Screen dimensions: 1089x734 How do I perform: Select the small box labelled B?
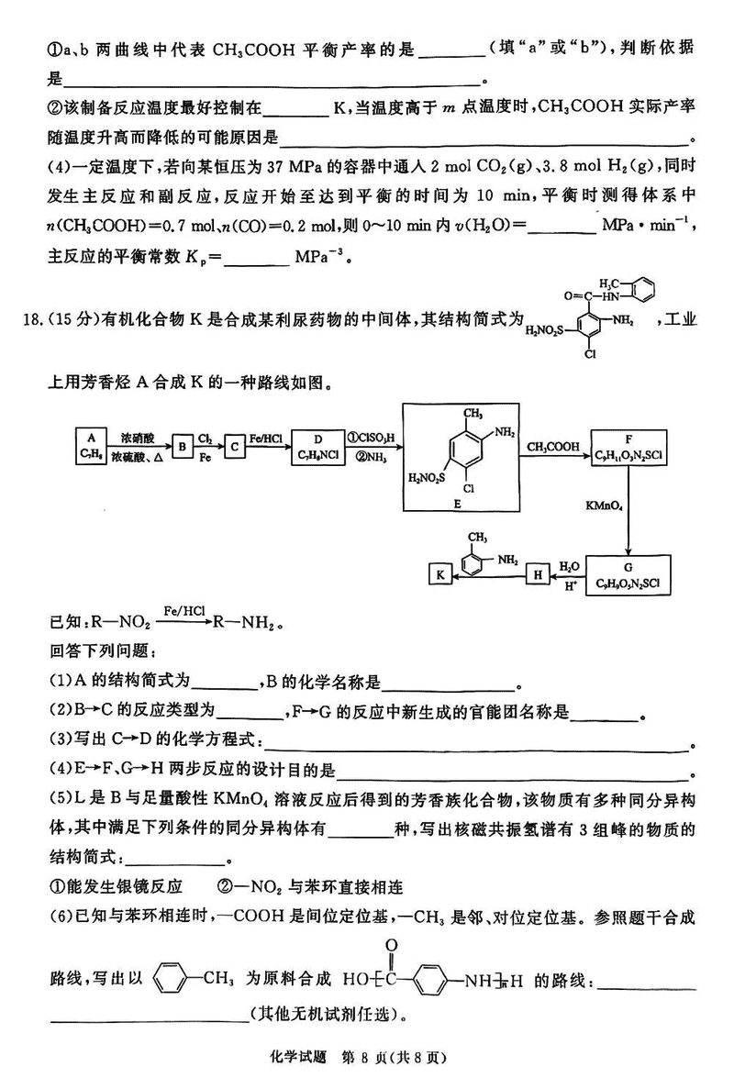[183, 447]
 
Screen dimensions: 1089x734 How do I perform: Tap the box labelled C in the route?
[235, 447]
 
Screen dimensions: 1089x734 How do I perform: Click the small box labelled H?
[537, 575]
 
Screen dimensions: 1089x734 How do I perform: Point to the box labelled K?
[441, 575]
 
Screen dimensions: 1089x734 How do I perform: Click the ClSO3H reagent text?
[372, 438]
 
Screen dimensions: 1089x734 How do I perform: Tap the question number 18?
[31, 319]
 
